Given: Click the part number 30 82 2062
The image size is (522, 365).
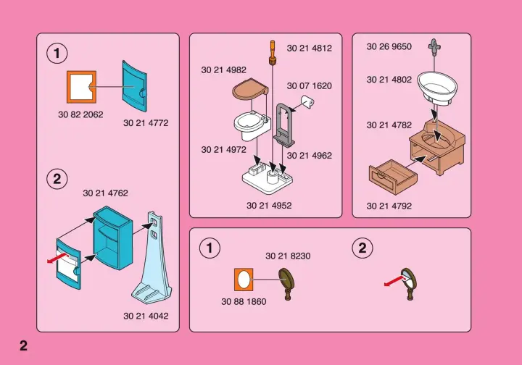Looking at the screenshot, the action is (80, 114).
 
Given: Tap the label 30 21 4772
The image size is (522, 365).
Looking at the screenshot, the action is (146, 123).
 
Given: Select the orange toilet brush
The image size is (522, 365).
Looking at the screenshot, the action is (273, 53).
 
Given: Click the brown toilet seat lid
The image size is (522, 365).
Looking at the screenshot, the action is (250, 89).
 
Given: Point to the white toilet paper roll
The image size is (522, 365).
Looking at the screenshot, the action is (308, 101).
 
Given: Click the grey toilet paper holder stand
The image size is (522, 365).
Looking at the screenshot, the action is (284, 125).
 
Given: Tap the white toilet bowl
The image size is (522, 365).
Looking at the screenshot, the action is (251, 126).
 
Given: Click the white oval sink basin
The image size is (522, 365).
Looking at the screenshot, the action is (437, 88).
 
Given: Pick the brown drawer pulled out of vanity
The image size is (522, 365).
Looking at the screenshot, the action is (393, 177).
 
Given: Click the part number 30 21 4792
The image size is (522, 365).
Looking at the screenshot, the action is (389, 206).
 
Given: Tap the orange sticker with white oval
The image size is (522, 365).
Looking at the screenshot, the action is (244, 280).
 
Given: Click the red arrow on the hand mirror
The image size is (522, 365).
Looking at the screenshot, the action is (395, 282).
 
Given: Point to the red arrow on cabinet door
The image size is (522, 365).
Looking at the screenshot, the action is (58, 259).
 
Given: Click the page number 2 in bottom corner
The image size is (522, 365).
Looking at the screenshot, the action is (23, 345).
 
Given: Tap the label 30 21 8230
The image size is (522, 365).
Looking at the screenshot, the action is (288, 256).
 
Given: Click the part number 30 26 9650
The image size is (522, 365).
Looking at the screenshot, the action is (389, 46).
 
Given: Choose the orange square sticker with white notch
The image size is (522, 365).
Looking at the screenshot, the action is (81, 87).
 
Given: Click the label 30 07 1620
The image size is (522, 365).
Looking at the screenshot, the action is (310, 85).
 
